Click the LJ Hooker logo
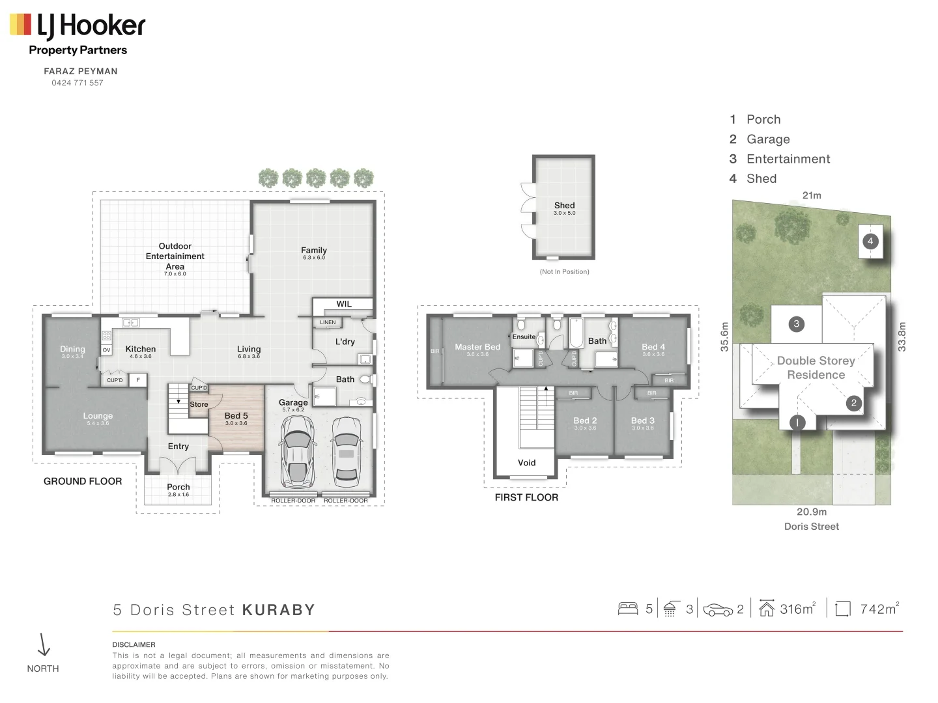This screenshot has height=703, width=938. [x=78, y=26]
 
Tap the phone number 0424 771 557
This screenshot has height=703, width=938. [x=78, y=83]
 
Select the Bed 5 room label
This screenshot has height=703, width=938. [x=236, y=416]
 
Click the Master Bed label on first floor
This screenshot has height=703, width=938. [x=477, y=347]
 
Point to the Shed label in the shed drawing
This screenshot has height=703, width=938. [x=564, y=205]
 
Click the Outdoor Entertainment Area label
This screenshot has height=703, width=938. [x=175, y=256]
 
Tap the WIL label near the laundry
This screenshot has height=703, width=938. [x=344, y=304]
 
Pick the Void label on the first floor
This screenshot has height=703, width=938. [x=526, y=463]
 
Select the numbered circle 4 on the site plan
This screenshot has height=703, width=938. [x=870, y=241]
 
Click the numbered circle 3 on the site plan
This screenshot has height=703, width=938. [x=796, y=324]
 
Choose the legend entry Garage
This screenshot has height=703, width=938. [x=768, y=139]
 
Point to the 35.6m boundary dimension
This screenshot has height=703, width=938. [x=724, y=337]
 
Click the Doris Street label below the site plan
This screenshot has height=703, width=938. [x=811, y=527]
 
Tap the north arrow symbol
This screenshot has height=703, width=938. [x=44, y=645]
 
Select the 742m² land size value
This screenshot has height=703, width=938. [x=879, y=609]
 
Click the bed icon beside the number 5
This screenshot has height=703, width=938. [x=628, y=609]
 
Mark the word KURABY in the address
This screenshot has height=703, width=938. [x=279, y=610]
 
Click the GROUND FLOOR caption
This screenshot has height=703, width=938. [x=83, y=482]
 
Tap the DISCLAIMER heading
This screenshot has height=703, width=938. [x=134, y=644]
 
